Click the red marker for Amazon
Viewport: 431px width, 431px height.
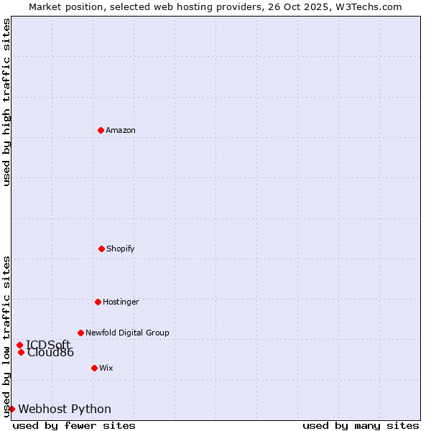101,130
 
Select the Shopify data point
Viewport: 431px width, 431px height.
101,249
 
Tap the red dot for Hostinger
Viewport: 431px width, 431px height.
98,302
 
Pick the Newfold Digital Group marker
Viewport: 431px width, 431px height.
80,333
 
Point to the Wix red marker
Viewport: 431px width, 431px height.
94,368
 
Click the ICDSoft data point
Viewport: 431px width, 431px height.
19,345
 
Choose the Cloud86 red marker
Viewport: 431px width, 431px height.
21,352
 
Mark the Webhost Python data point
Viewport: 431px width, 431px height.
11,409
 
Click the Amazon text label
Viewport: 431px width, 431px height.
121,130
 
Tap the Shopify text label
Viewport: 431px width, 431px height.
121,249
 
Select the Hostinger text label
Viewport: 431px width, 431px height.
121,302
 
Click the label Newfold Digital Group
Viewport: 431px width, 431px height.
127,333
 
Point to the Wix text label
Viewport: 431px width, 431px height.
106,368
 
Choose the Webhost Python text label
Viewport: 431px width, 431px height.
65,409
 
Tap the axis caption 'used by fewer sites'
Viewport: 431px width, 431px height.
74,425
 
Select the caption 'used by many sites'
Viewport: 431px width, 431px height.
361,425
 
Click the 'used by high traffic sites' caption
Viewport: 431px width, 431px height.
6,102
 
